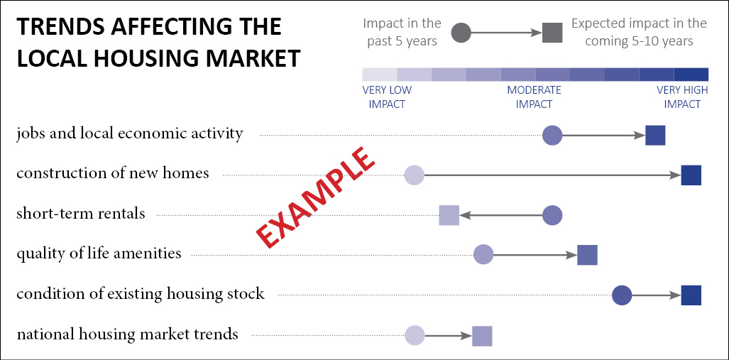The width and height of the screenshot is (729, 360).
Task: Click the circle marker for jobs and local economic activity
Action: [x=552, y=135]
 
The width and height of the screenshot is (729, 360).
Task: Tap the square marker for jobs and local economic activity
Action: [x=655, y=135]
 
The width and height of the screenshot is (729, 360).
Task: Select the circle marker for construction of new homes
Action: [x=414, y=175]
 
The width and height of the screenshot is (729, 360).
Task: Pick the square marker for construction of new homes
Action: [x=691, y=175]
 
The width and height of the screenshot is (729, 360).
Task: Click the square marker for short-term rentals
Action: [x=449, y=215]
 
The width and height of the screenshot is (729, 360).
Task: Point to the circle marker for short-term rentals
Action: [x=552, y=215]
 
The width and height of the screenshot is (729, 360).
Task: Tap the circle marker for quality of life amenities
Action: [x=483, y=254]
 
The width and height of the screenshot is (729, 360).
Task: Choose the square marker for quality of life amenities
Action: [x=587, y=254]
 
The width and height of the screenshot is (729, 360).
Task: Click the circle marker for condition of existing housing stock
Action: [x=622, y=295]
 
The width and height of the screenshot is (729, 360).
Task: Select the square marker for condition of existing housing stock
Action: [x=691, y=295]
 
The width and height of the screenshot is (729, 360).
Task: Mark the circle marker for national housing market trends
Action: [x=414, y=335]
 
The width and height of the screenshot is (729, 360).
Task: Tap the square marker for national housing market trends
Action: [x=482, y=335]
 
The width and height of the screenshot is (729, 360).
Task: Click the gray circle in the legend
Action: [x=461, y=33]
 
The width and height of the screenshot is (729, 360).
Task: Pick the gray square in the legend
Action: [x=552, y=33]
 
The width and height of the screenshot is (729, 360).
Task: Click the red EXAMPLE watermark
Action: [x=315, y=197]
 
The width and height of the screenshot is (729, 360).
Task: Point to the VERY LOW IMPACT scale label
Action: [x=387, y=97]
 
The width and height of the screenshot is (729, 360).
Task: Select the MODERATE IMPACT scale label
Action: [x=534, y=97]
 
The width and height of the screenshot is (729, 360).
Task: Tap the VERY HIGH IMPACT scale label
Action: [x=682, y=97]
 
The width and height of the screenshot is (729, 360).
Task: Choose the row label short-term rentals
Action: [x=81, y=214]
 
